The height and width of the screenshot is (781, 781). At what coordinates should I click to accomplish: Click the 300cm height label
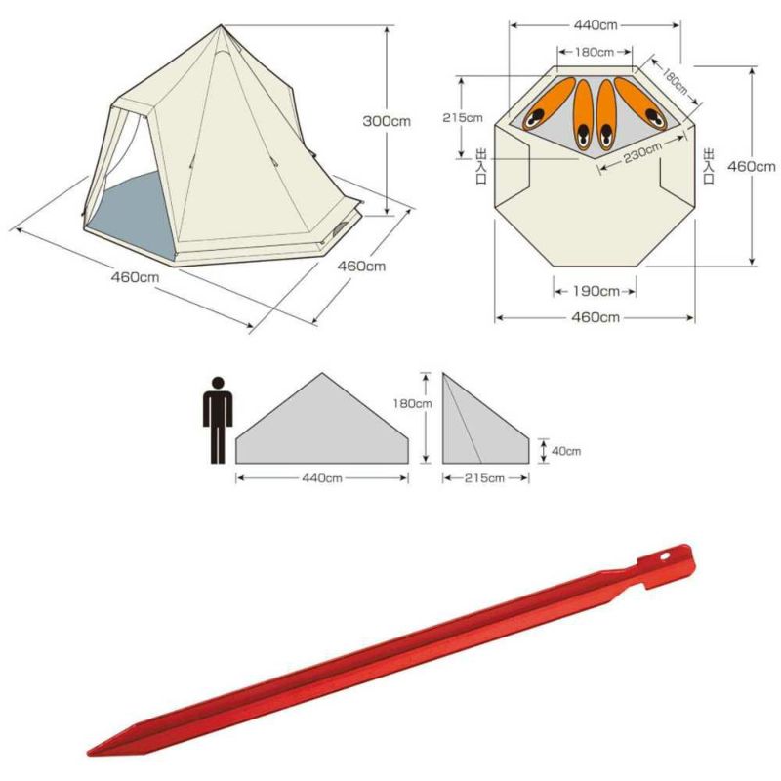(387, 121)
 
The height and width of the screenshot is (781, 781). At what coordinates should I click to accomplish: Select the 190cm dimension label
(596, 291)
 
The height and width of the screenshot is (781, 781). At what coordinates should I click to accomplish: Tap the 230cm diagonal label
(642, 151)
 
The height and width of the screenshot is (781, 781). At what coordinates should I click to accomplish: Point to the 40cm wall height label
(566, 451)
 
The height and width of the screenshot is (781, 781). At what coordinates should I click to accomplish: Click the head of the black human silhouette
(218, 383)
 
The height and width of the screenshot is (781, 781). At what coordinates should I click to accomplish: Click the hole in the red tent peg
(666, 556)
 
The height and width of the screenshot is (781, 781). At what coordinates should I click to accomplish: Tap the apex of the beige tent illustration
(222, 25)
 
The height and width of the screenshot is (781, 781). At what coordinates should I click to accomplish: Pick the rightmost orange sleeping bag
(641, 103)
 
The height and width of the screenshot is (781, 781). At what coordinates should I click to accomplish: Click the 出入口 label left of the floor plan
(481, 166)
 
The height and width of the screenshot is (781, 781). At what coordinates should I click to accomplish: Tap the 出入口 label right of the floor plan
(709, 166)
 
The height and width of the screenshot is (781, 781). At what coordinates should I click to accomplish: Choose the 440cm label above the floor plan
(596, 25)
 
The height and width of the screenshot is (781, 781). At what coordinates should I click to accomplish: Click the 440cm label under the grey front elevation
(322, 478)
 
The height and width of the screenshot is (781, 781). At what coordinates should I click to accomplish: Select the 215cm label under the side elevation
(484, 478)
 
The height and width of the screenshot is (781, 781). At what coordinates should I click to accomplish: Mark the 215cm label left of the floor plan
(462, 117)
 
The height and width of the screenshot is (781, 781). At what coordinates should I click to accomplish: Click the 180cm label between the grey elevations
(412, 403)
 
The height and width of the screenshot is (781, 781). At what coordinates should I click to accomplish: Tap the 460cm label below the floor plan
(596, 317)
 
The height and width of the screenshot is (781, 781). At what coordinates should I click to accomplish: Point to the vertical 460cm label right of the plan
(752, 166)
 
